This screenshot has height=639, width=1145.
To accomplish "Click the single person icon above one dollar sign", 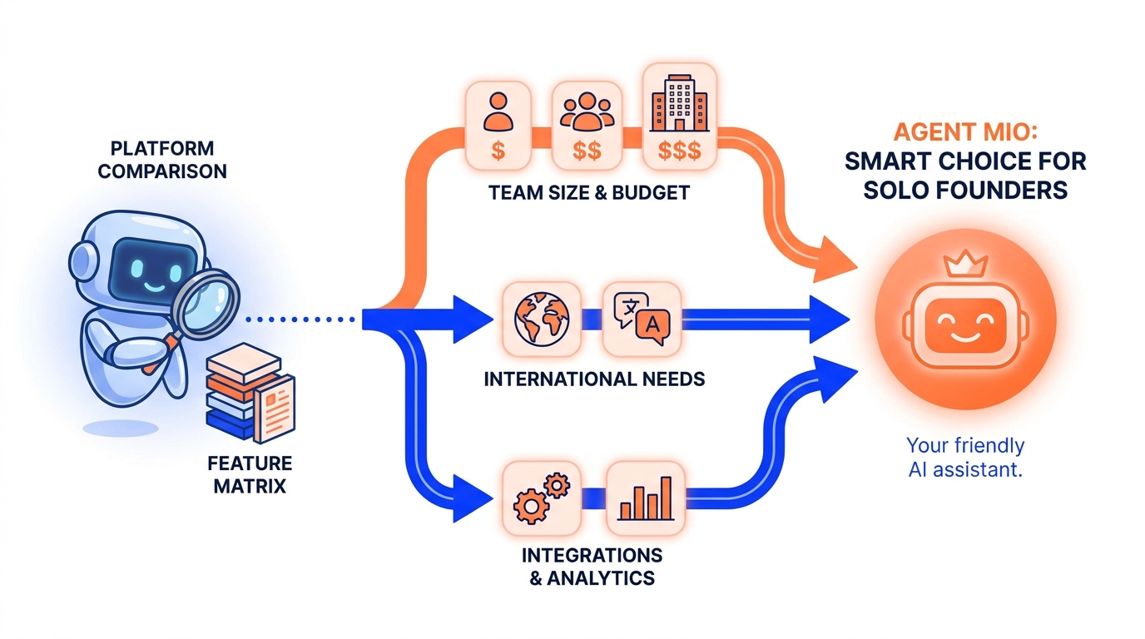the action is point(498,111).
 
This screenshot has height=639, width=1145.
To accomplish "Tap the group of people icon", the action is point(587,111).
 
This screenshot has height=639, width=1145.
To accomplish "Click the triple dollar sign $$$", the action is point(679,151).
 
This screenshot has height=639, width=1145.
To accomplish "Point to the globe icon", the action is point(542,319).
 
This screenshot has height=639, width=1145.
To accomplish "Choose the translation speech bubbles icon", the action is point(642,318).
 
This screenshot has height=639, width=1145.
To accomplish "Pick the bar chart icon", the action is point(645,498).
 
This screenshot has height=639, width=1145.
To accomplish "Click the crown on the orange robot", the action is point(965,264).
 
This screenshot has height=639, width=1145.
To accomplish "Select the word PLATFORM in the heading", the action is point(162,148).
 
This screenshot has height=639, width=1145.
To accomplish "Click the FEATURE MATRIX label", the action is point(250,474).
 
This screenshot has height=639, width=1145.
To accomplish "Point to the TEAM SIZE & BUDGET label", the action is point(589,193).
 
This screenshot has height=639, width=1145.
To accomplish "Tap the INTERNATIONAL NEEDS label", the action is point(594,379).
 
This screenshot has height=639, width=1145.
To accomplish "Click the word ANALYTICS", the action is point(601,578).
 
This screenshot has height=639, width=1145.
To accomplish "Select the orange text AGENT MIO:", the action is point(965,132).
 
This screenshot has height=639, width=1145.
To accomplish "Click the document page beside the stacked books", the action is point(275,409).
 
